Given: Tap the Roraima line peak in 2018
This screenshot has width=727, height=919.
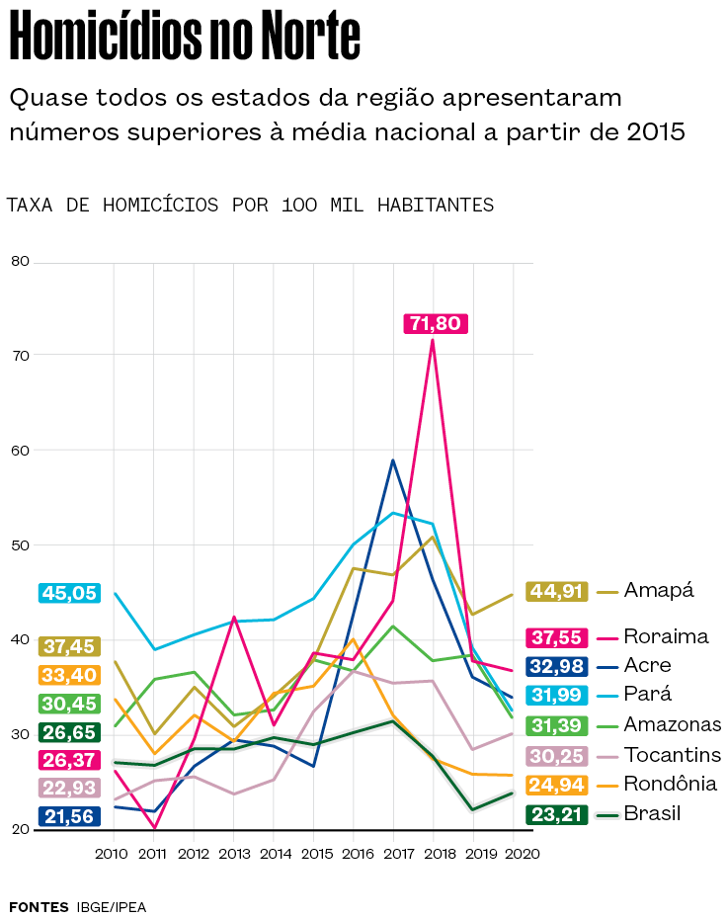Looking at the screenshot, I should coord(433,341).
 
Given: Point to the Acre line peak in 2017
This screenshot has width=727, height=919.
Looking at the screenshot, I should coord(392,460).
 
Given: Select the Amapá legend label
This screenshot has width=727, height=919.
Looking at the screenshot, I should coord(659,591).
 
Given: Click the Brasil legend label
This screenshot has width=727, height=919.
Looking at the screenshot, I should coord(653,814).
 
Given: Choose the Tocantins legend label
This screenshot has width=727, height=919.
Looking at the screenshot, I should coord(673,755).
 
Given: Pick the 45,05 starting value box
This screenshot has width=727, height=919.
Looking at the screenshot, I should coord(68,593).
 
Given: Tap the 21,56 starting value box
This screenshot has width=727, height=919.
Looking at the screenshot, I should coord(68,816).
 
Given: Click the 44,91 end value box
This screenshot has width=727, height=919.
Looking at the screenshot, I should coord(557,591).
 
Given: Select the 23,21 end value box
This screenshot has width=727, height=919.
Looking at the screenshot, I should coord(557,814).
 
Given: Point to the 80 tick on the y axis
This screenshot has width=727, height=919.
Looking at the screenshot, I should coord(21,262).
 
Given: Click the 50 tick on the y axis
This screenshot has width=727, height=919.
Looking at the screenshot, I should coord(21,545).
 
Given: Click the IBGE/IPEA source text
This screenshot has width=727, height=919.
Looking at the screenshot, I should coord(112,906).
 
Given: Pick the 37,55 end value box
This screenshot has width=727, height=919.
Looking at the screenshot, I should coord(557,637).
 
